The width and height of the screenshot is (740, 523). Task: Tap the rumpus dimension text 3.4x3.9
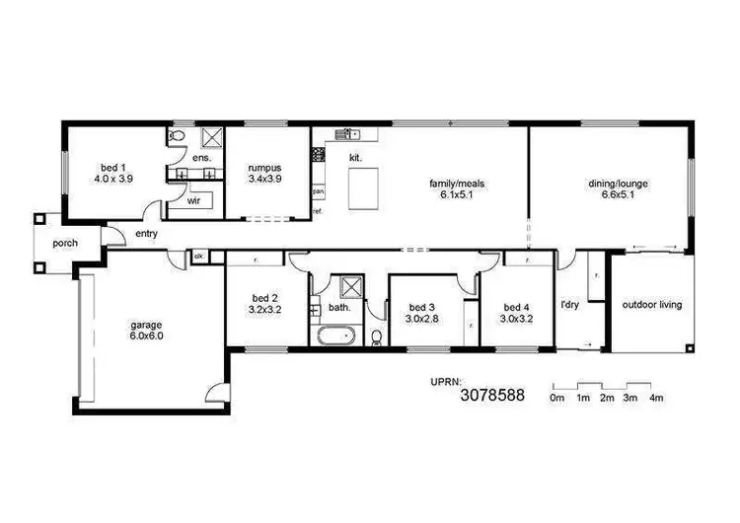point(264,181)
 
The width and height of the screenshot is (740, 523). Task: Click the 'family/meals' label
point(456,183)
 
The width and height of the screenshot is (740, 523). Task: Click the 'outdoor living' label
point(651,305)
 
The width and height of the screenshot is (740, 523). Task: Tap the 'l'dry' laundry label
point(569,305)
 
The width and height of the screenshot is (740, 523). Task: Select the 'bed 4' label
point(517,306)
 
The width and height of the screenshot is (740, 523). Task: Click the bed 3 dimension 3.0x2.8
point(421,319)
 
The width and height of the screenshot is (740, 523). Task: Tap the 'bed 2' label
point(263,297)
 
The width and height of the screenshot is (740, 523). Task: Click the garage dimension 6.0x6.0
point(146,336)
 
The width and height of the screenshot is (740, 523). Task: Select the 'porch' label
point(66,243)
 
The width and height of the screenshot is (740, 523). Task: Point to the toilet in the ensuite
point(175,136)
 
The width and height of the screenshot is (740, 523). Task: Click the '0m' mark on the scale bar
point(556,398)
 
